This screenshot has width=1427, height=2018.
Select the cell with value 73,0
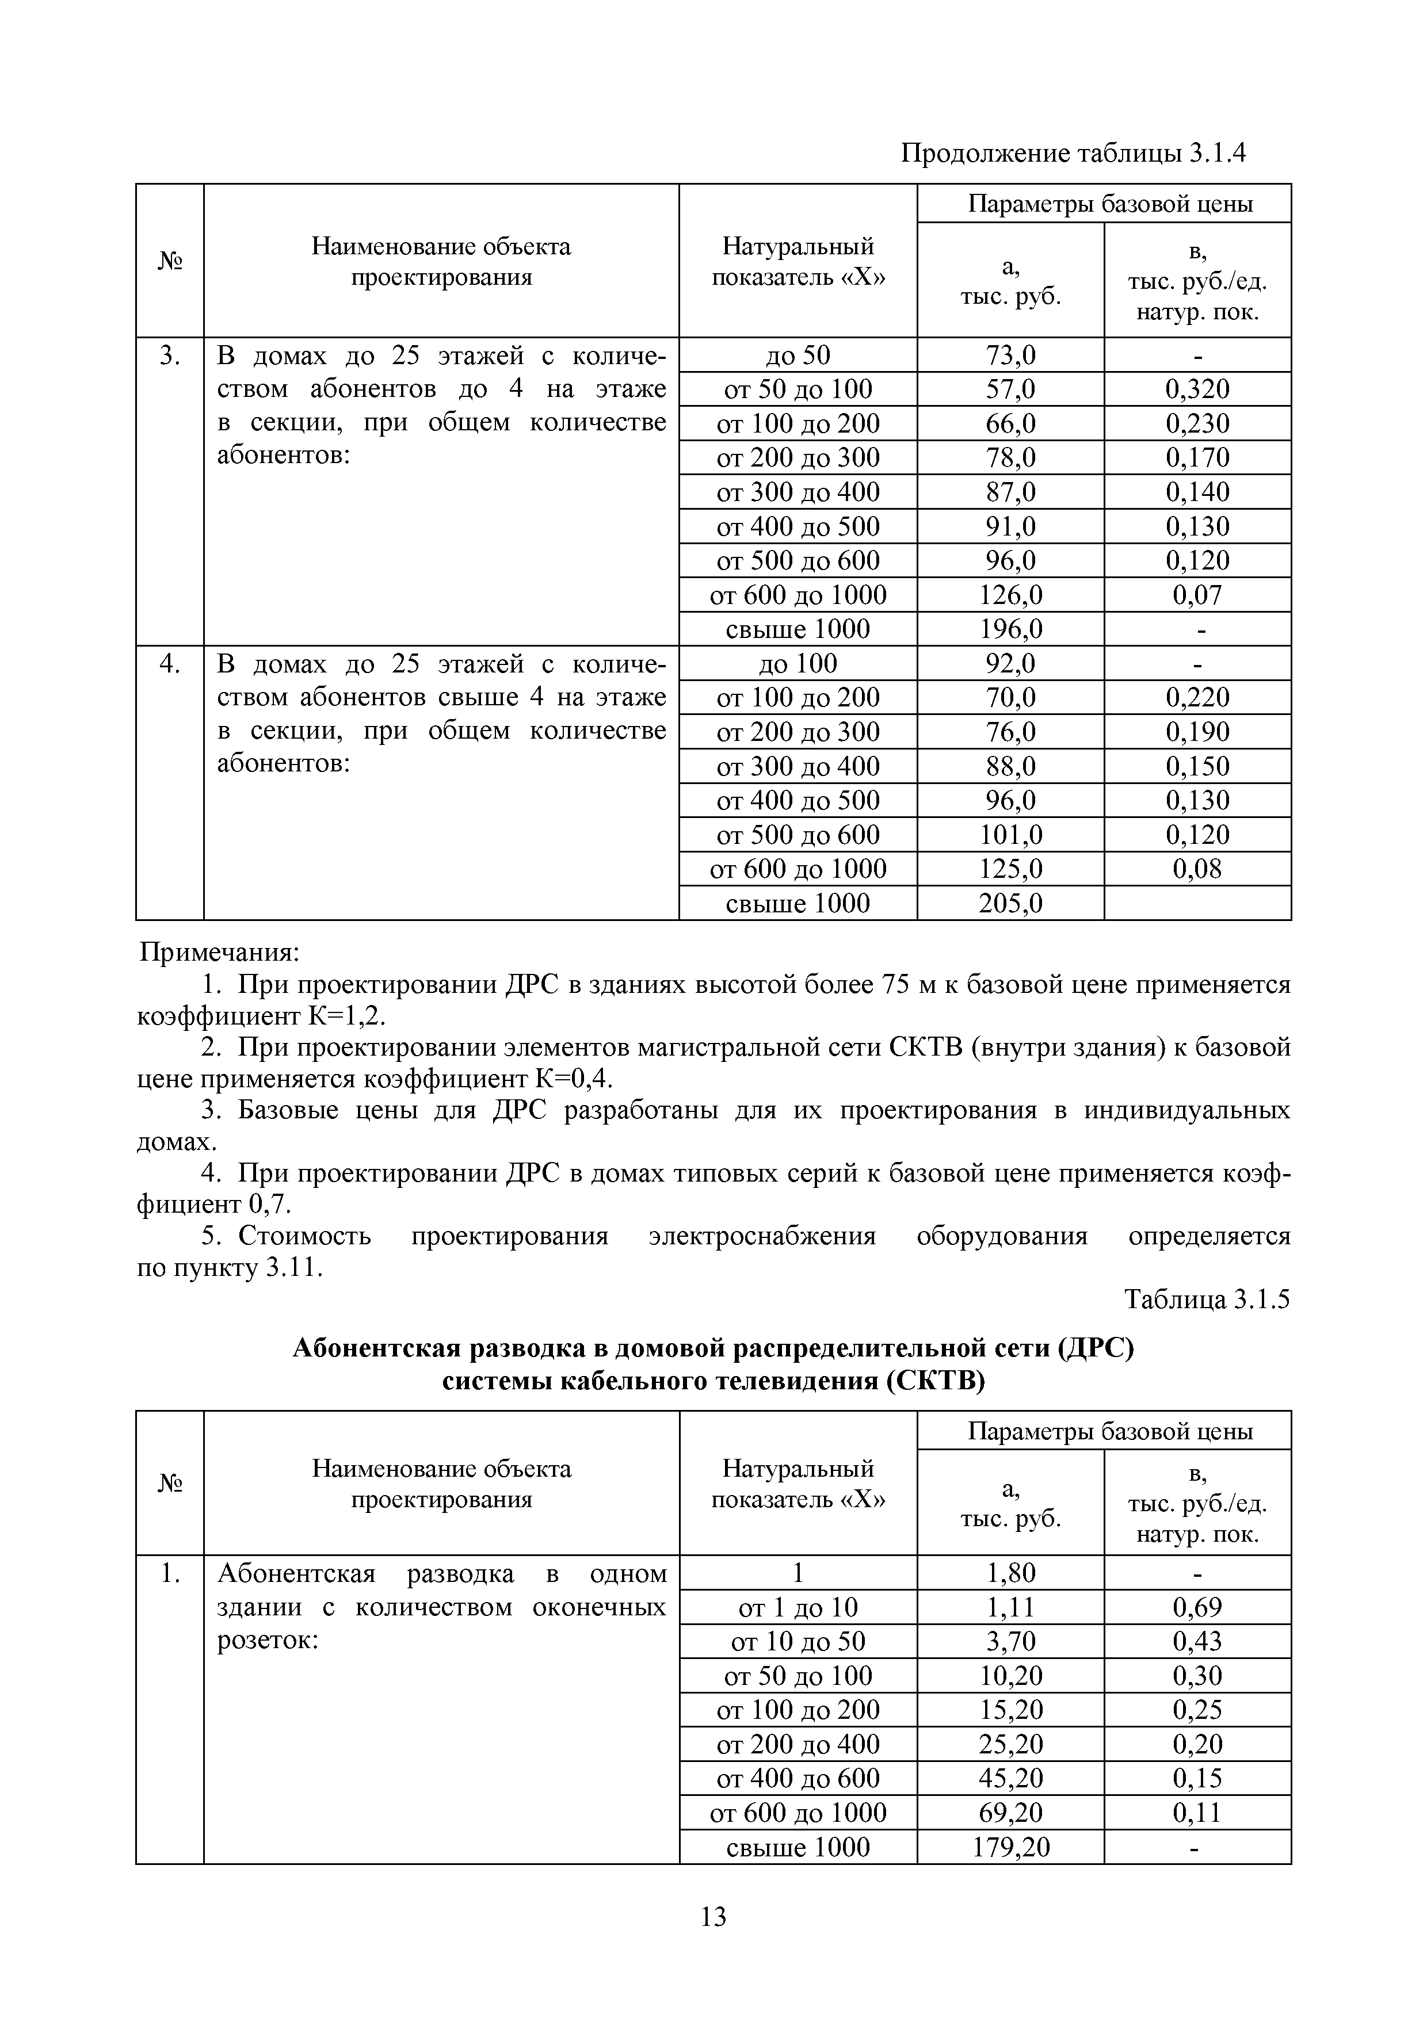pos(1010,355)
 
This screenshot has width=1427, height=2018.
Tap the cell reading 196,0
pos(1010,629)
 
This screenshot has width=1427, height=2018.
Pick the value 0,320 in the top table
pos(1197,389)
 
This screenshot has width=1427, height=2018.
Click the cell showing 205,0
pos(1010,904)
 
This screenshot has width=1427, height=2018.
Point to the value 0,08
pos(1197,869)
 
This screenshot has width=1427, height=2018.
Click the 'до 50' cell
pos(798,355)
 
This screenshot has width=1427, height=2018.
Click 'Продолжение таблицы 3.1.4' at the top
pos(1074,154)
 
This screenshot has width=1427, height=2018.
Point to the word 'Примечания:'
pos(221,953)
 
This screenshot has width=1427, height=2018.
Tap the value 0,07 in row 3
pos(1197,595)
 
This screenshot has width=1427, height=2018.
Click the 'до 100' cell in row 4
pos(798,664)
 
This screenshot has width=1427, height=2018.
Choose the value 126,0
pos(1010,595)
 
